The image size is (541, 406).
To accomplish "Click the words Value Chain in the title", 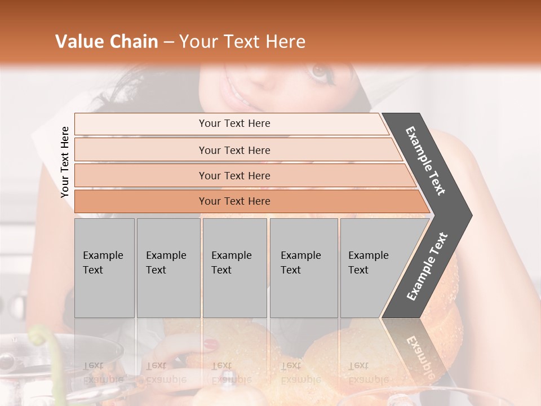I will tap(107, 42).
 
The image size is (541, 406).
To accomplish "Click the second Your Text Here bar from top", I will tap(234, 150).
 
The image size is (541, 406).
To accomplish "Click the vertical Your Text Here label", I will tap(65, 162).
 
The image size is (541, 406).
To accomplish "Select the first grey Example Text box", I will tap(104, 268).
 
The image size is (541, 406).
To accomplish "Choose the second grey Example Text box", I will tap(168, 268).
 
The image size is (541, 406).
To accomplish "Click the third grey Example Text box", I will tap(234, 268).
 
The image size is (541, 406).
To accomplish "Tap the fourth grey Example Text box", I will tap(304, 268).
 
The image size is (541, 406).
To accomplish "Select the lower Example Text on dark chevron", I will tap(427, 266).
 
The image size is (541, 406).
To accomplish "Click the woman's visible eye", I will tap(320, 73).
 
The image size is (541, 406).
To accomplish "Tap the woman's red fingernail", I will tap(210, 343).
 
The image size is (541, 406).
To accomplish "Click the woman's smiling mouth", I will tap(237, 93).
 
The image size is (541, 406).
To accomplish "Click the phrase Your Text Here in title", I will tap(242, 42).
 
